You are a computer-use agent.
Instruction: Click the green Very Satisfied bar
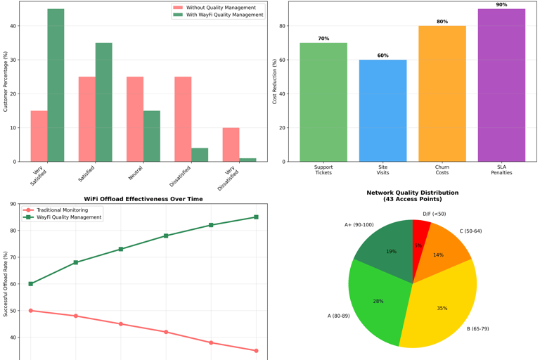click(x=56, y=85)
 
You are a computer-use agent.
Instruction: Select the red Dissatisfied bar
click(x=183, y=119)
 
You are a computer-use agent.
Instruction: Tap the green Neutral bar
click(x=152, y=136)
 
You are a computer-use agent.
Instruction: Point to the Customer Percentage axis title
click(x=6, y=82)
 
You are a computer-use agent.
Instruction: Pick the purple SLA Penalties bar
click(x=501, y=85)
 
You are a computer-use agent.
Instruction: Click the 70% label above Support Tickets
click(x=323, y=39)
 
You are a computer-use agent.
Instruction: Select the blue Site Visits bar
click(x=382, y=110)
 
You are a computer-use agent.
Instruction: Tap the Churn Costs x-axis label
click(x=442, y=170)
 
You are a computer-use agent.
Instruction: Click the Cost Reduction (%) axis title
click(x=275, y=82)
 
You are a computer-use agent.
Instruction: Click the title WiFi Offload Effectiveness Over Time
click(x=143, y=199)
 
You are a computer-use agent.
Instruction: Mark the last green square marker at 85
click(x=256, y=217)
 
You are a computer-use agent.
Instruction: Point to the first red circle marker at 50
click(x=31, y=311)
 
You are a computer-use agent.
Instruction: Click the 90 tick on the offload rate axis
click(x=13, y=204)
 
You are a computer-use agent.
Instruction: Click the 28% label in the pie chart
click(x=378, y=301)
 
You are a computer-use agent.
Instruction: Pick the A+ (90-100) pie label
click(x=359, y=225)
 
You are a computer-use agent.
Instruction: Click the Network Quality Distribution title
click(x=412, y=195)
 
